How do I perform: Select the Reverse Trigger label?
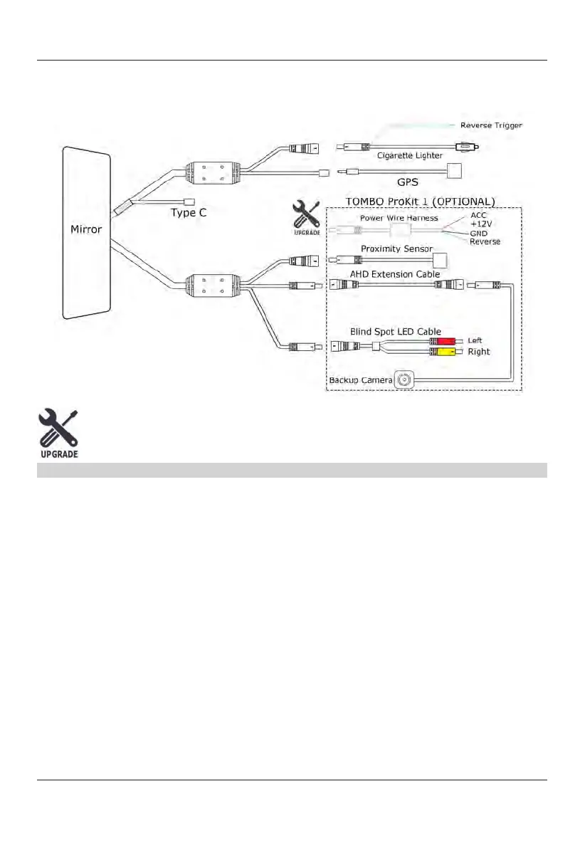click(491, 125)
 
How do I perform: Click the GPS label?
click(407, 182)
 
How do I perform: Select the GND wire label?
click(479, 234)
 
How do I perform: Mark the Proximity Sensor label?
click(396, 248)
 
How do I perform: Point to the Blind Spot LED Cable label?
click(396, 331)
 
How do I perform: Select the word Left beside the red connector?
click(475, 341)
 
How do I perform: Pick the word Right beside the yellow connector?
click(478, 352)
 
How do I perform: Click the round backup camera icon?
click(405, 380)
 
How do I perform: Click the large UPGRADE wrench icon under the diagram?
click(58, 433)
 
